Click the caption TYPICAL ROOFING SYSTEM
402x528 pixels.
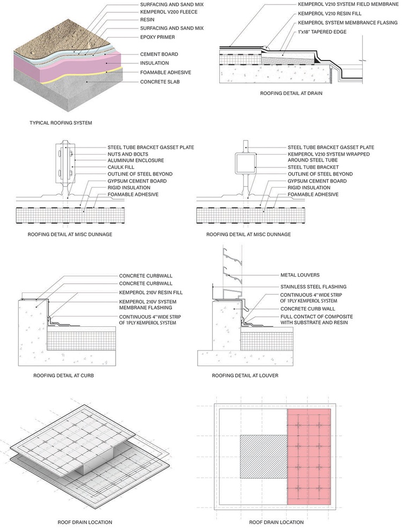click(x=61, y=123)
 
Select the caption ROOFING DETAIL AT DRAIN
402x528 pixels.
click(x=291, y=93)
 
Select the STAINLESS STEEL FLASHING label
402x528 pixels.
click(x=313, y=287)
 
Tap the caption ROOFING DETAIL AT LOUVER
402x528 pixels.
click(x=245, y=376)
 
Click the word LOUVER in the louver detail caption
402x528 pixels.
click(x=268, y=376)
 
